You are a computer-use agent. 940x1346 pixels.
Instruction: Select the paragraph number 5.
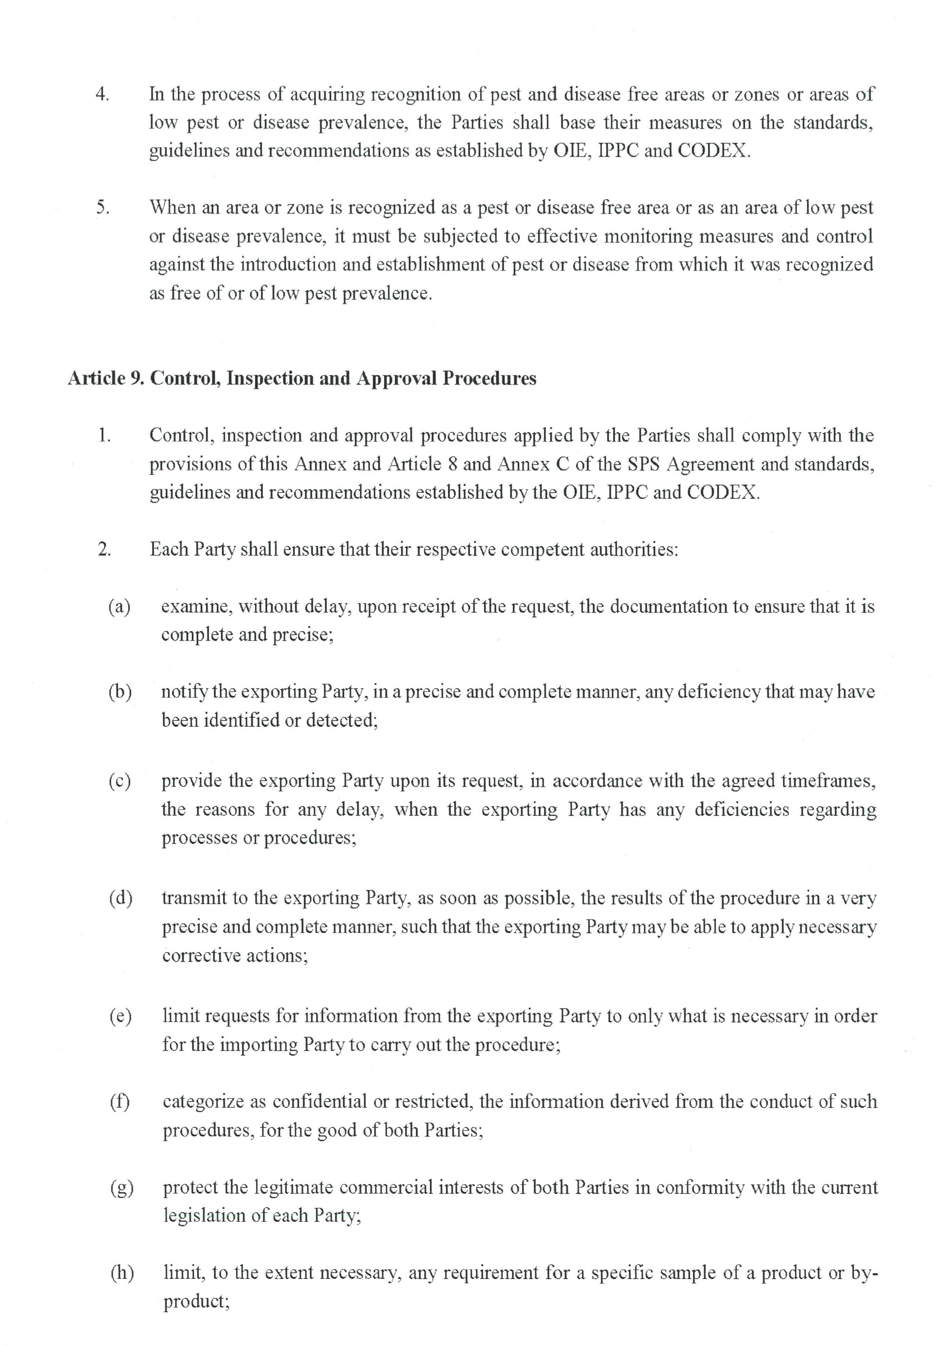point(103,208)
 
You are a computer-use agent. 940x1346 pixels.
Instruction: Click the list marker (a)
point(120,606)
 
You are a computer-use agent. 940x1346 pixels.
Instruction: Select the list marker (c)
point(120,781)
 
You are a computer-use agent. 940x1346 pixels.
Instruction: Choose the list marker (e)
point(120,1016)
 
